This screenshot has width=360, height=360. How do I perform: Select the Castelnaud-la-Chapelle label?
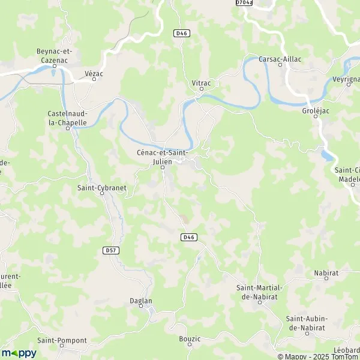(67, 118)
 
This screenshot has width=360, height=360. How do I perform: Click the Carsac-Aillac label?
(280, 59)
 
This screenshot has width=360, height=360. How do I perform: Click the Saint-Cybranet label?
(102, 188)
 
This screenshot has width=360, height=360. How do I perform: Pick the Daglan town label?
(141, 301)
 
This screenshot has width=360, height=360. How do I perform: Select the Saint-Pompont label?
(62, 340)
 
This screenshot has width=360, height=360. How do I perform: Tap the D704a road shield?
(244, 3)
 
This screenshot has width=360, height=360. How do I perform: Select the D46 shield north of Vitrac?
(182, 34)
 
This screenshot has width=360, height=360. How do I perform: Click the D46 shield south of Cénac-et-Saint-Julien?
(188, 238)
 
